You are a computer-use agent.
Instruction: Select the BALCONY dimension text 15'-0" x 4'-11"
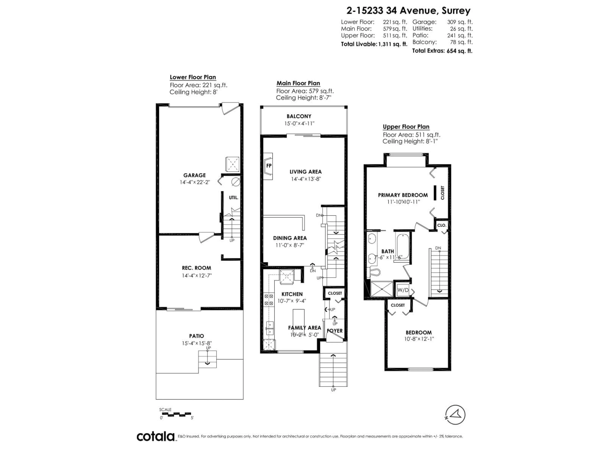pos(299,123)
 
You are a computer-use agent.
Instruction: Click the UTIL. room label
pos(233,198)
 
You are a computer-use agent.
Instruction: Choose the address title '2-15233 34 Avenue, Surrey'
pos(408,11)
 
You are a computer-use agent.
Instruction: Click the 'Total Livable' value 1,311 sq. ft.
pos(393,44)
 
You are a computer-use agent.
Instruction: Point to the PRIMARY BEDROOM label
pos(403,195)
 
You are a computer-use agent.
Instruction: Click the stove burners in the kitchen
pos(268,300)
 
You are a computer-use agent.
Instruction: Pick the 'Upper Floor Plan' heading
pos(406,127)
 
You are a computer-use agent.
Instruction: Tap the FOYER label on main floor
pos(335,331)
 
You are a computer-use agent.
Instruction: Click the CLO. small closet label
pos(442,225)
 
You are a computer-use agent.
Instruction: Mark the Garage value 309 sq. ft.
pos(460,22)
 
